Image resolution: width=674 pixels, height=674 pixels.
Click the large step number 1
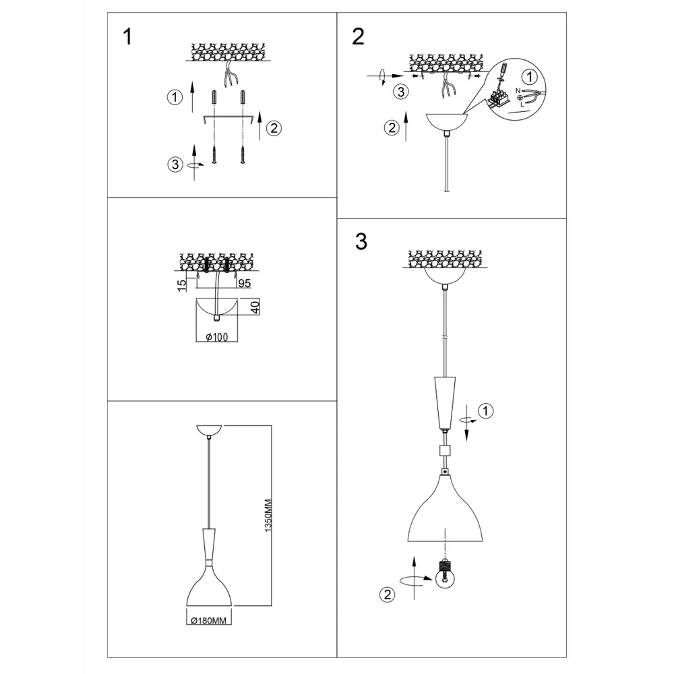127,36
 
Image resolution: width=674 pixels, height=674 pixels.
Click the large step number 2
358,36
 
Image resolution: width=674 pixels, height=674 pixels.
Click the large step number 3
361,241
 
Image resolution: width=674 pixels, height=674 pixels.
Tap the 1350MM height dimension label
268,516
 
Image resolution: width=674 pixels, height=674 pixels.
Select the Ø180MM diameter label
208,621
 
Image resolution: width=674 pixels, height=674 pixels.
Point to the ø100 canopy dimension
216,338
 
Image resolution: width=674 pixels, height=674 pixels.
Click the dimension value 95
244,283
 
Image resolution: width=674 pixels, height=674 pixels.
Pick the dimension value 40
255,307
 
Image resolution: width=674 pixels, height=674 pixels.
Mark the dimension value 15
182,285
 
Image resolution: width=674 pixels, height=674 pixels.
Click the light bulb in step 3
445,575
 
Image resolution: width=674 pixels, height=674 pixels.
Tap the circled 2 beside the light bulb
388,594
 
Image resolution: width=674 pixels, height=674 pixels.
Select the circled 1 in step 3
486,411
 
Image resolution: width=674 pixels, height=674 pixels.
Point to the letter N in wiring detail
518,91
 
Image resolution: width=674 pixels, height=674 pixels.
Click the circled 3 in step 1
175,164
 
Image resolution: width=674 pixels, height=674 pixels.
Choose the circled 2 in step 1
274,128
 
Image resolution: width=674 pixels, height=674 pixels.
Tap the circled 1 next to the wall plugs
175,97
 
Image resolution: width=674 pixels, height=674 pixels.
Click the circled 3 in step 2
401,92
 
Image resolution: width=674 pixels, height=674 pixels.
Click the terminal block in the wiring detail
499,98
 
